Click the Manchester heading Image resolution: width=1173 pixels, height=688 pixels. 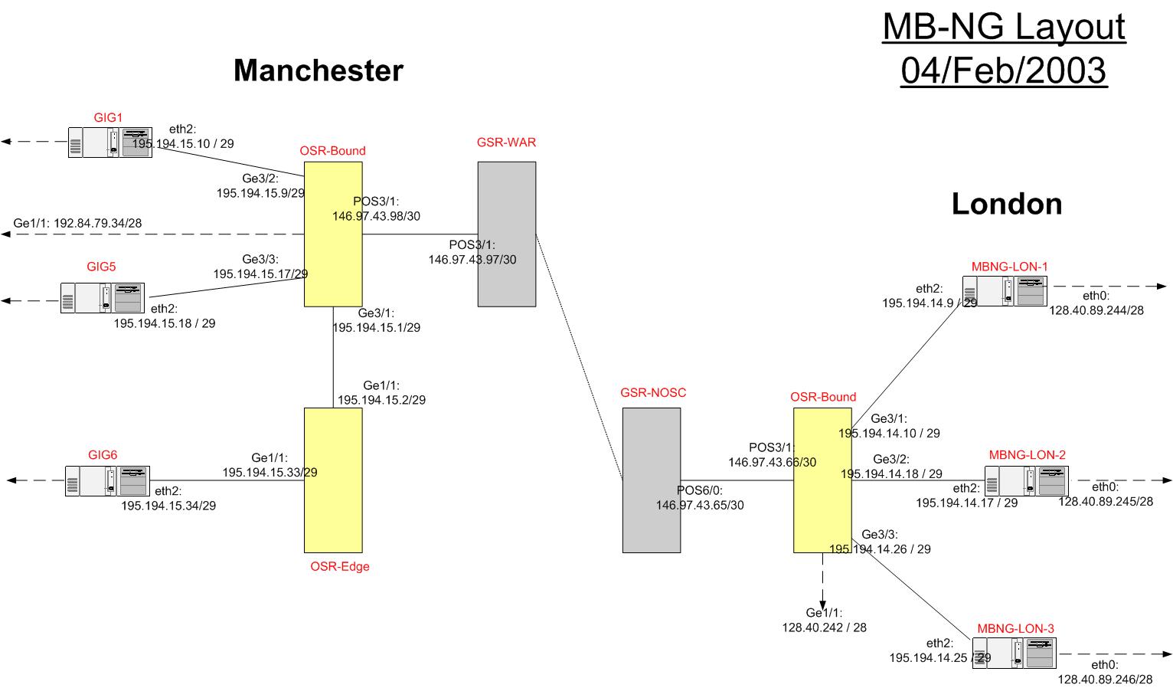(x=318, y=70)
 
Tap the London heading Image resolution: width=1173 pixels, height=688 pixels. (x=1006, y=204)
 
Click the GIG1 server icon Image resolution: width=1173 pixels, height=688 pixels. (x=109, y=143)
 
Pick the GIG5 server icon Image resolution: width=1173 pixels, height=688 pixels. (x=103, y=297)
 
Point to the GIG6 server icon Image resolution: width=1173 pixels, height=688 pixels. (x=107, y=481)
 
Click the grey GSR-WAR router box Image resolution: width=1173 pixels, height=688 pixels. (x=506, y=234)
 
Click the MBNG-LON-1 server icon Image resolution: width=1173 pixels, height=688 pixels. (x=1005, y=291)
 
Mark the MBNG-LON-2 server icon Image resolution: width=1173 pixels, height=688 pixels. (x=1026, y=481)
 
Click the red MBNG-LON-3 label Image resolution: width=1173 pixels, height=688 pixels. (x=1015, y=628)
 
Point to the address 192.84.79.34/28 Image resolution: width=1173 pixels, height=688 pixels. (x=97, y=224)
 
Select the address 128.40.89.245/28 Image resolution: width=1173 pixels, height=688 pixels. (x=1105, y=501)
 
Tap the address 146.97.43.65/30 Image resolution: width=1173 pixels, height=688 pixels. (x=700, y=505)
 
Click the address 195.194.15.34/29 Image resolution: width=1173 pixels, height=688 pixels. (x=168, y=506)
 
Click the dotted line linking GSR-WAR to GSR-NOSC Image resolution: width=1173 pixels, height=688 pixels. (x=579, y=357)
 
